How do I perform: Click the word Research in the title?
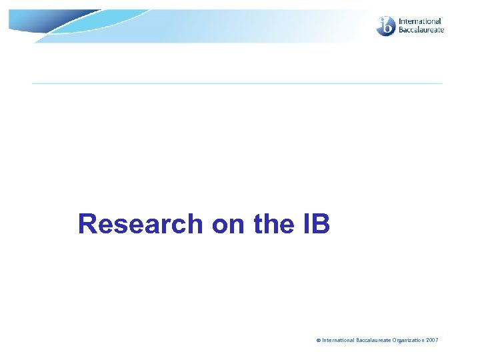141,224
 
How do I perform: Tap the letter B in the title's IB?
321,224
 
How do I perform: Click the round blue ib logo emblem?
386,26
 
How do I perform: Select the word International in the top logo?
420,21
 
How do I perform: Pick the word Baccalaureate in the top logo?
421,30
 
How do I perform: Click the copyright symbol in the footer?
319,341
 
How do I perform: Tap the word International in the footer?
339,341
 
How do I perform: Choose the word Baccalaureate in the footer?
373,341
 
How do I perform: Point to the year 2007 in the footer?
433,341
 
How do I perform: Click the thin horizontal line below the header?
237,83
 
